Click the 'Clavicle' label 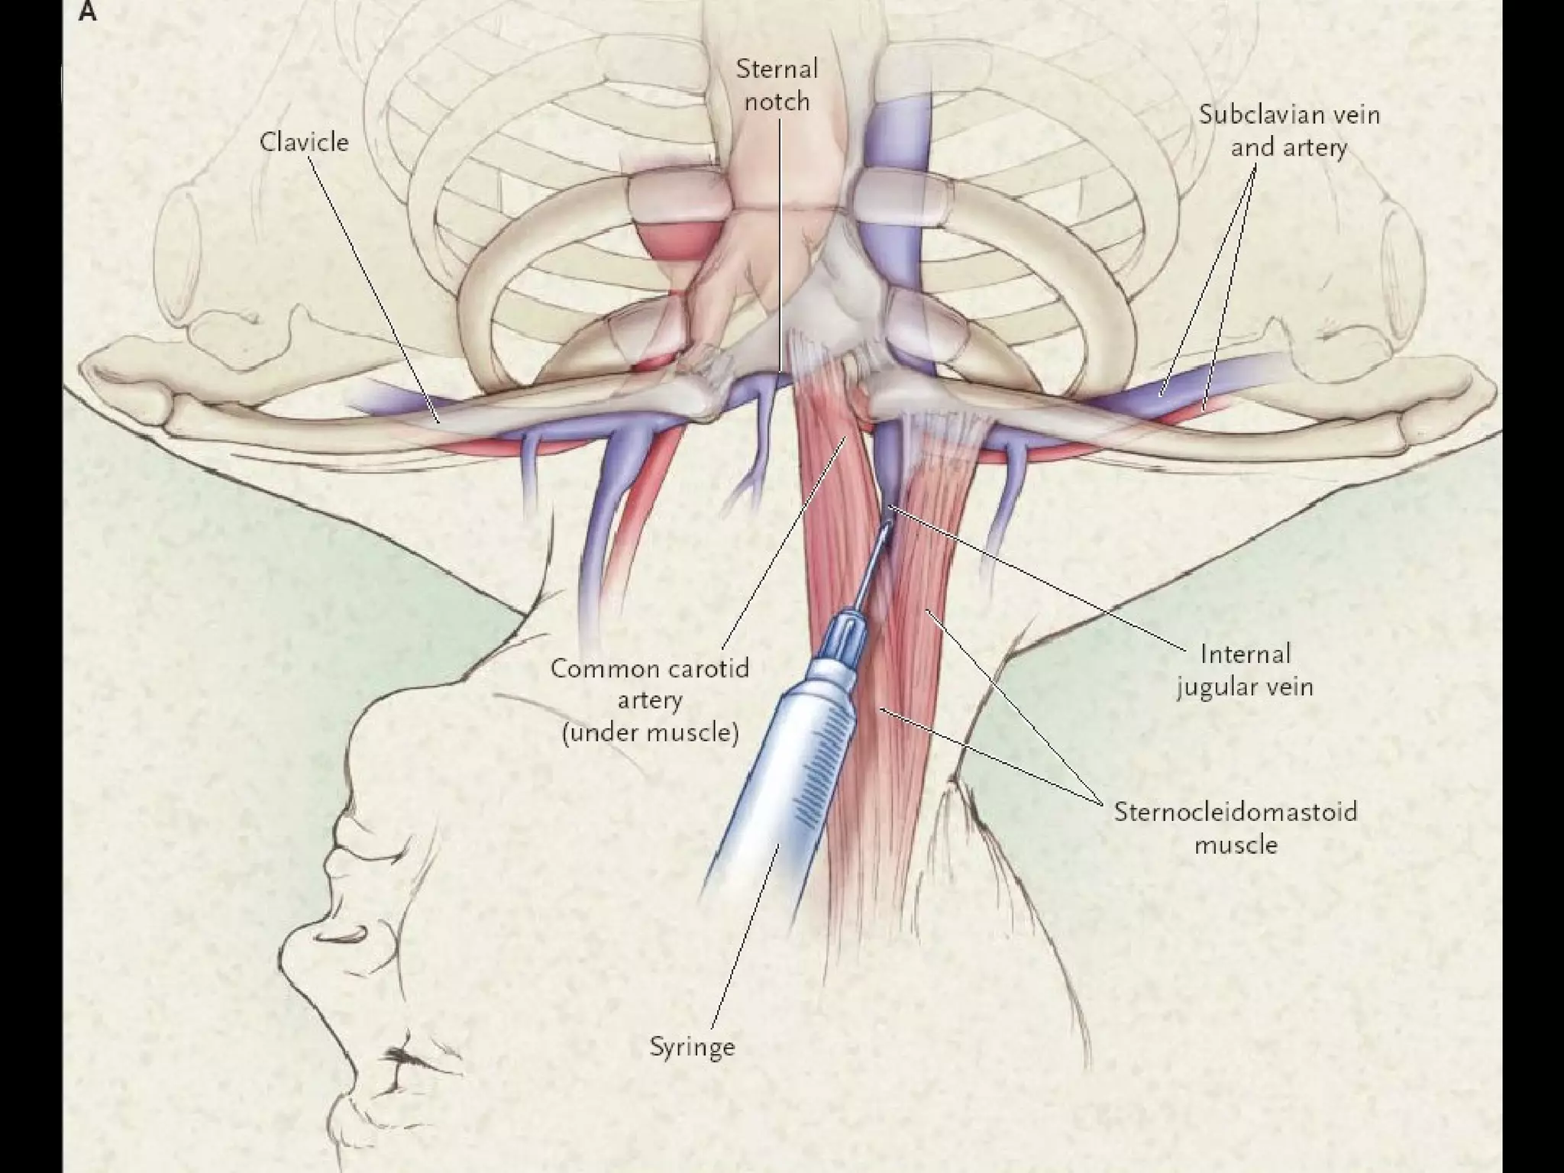tap(304, 142)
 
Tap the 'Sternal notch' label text tap(777, 86)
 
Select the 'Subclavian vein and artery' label tap(1288, 131)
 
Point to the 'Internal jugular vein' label tap(1245, 671)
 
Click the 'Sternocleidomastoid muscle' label tap(1236, 827)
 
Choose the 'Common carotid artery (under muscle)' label tap(650, 700)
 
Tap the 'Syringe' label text tap(692, 1046)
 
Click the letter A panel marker tap(88, 13)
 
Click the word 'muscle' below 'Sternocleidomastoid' tap(1236, 845)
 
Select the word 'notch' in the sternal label tap(777, 102)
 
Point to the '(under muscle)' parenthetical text tap(650, 733)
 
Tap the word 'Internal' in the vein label tap(1245, 654)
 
